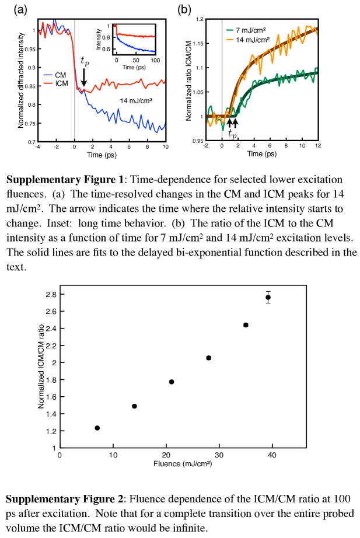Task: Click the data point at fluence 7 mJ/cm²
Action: point(97,428)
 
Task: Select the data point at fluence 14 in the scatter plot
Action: point(134,406)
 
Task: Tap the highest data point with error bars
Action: point(268,297)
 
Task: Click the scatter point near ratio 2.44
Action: point(246,324)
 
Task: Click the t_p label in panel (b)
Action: point(232,134)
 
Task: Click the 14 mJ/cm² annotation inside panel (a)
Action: point(135,101)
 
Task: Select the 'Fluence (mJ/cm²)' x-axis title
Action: point(182,464)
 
